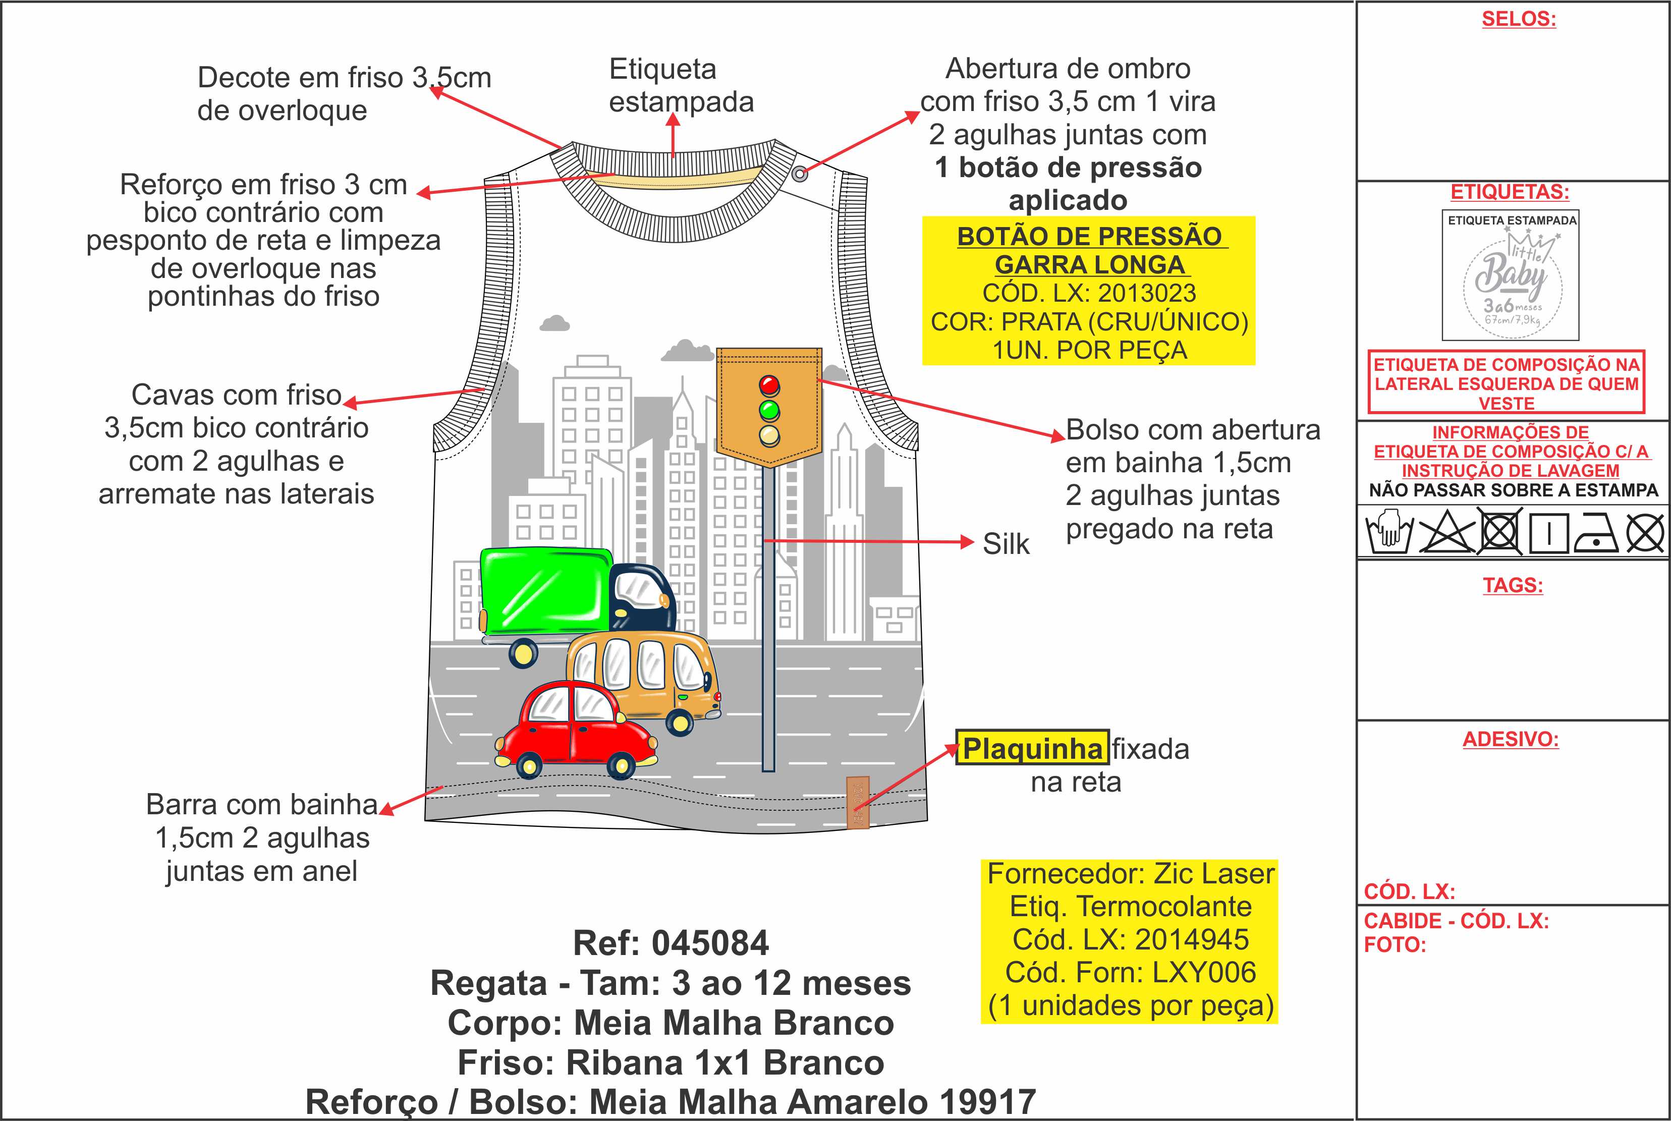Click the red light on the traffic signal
click(x=769, y=385)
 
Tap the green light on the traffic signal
click(x=769, y=410)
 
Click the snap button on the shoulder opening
click(x=800, y=173)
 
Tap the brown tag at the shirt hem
click(x=858, y=802)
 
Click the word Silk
click(x=1006, y=544)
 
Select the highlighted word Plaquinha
click(x=1032, y=749)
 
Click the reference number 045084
click(x=710, y=943)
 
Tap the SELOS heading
click(x=1518, y=19)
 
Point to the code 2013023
click(x=1147, y=293)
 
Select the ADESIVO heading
click(x=1510, y=739)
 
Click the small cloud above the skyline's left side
click(x=555, y=323)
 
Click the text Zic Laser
click(x=1214, y=874)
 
